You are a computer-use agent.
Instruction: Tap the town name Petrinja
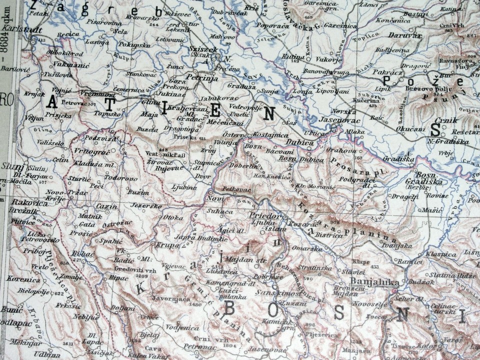200,77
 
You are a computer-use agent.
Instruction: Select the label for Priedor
263,215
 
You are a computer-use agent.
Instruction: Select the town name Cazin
106,206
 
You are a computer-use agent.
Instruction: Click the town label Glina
136,101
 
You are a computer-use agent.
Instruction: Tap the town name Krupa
168,245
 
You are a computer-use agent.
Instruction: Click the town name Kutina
293,57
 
